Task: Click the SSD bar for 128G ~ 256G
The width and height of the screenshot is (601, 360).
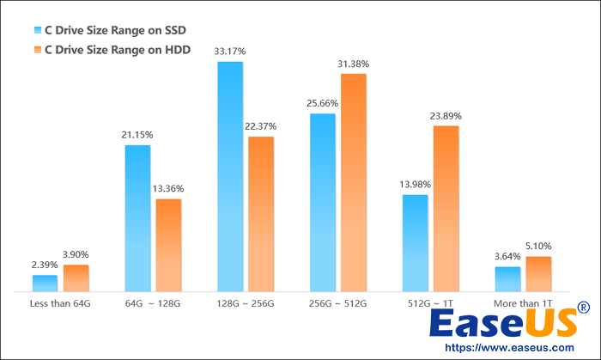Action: tap(230, 177)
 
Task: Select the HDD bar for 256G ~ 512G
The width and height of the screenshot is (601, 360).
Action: tap(354, 183)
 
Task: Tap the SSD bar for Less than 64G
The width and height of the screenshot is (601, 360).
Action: tap(45, 284)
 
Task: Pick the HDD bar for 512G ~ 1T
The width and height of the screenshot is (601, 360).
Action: tap(446, 209)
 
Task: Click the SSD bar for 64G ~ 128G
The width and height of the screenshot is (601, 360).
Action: tap(137, 218)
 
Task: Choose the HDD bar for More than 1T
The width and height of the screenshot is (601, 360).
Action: tap(538, 274)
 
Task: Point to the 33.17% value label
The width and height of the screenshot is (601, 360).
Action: tap(230, 52)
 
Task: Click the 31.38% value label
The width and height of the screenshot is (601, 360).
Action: tap(354, 64)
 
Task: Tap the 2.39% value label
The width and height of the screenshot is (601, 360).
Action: tap(45, 265)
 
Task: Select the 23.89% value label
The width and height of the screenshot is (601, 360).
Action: tap(446, 116)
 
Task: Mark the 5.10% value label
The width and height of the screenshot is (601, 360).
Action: tap(538, 247)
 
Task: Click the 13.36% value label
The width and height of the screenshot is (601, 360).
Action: tap(168, 189)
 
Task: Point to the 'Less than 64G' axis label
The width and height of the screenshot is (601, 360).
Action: tap(60, 303)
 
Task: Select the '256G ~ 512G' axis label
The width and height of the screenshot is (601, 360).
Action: tap(338, 303)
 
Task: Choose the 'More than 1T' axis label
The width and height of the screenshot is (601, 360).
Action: tap(523, 303)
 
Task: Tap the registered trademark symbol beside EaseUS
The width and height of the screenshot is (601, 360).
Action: tap(585, 307)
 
